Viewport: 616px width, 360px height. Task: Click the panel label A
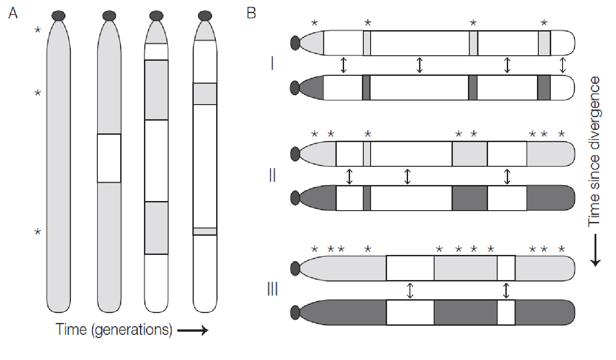coord(13,13)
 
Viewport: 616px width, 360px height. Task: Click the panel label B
coord(251,13)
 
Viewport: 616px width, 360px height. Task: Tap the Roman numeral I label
coord(272,64)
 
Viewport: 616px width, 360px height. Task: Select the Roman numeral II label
coord(272,175)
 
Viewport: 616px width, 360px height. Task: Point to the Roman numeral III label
coord(272,289)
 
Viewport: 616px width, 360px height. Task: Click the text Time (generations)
coord(114,329)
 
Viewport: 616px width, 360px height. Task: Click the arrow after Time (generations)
coord(192,330)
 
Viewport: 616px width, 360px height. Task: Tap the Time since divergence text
coord(594,151)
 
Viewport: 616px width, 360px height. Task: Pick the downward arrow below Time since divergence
coord(595,249)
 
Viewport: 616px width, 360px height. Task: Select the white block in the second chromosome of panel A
coord(109,158)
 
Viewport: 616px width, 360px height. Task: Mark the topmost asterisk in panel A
coord(38,31)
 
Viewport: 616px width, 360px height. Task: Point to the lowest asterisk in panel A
coord(38,233)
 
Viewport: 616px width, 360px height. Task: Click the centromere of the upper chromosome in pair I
coord(295,43)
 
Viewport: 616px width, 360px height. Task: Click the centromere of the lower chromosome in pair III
coord(295,312)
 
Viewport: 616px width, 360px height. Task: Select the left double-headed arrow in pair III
coord(410,290)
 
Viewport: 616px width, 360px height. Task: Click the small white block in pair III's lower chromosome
coord(506,312)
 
